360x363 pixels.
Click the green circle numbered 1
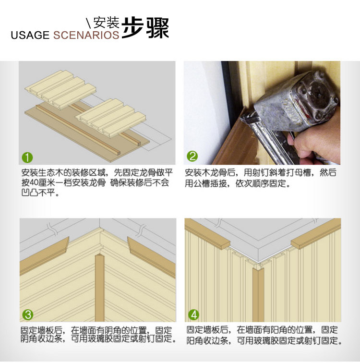(27, 157)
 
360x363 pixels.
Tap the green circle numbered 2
(192, 156)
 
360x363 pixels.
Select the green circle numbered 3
(28, 315)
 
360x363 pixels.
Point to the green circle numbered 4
(193, 315)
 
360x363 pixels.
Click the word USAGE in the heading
(30, 35)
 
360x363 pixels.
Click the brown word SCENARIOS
(86, 35)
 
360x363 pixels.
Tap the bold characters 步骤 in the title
(145, 27)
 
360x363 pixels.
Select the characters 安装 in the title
(106, 22)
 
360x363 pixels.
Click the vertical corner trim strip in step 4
(258, 294)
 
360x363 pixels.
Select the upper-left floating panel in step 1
(60, 89)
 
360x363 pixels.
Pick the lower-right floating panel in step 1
(111, 118)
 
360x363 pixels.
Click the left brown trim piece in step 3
(45, 255)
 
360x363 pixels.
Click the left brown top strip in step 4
(207, 233)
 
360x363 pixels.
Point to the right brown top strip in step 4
(316, 233)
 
